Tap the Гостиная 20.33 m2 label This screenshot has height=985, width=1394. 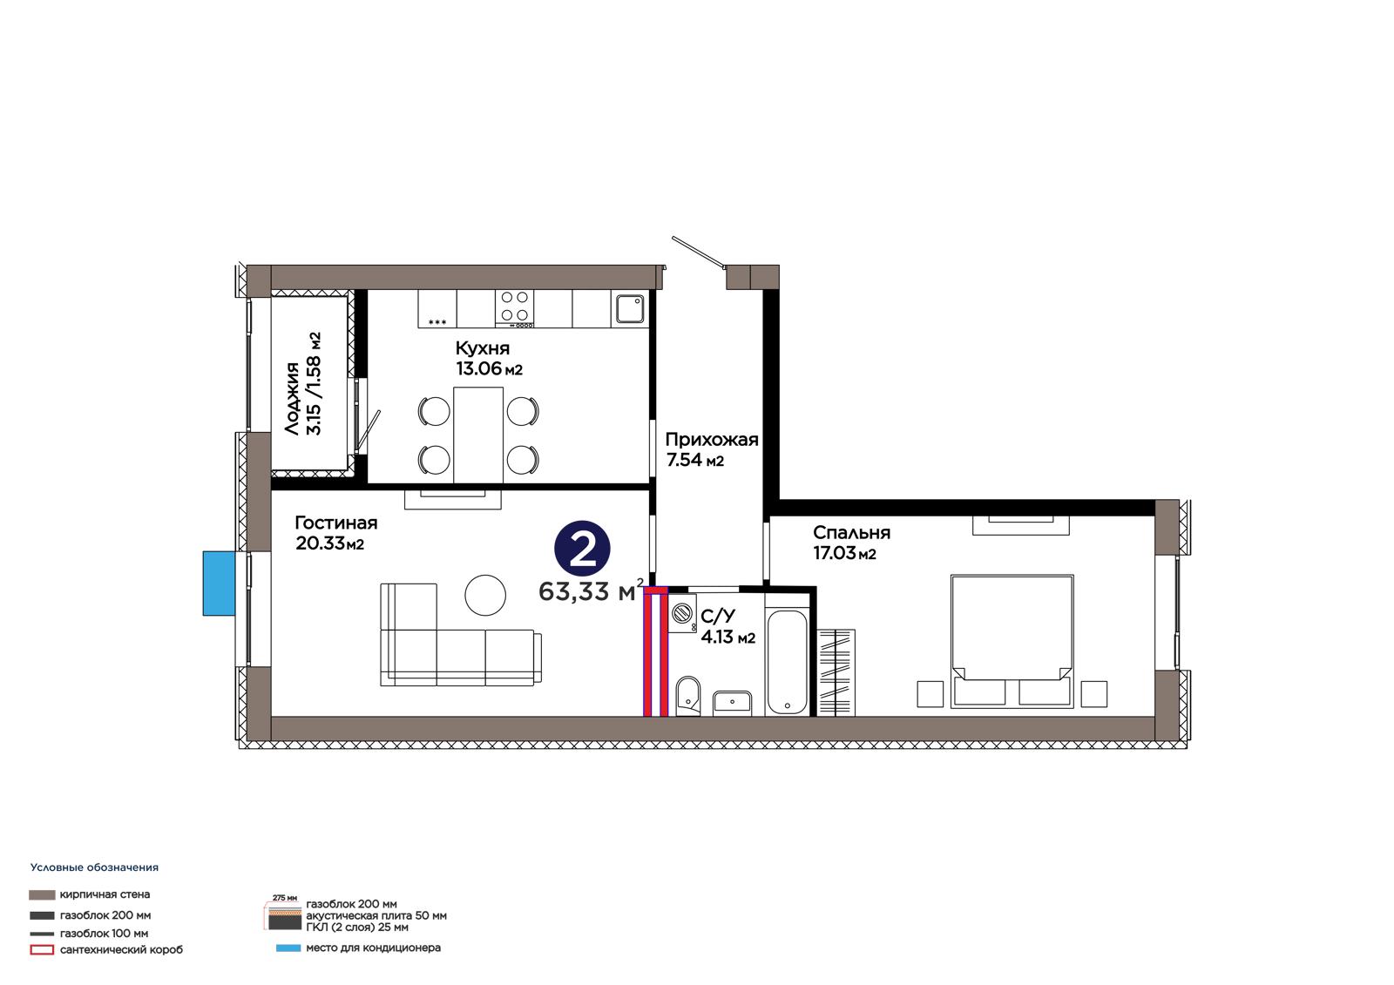point(336,533)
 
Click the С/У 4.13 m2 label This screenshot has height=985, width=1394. point(727,626)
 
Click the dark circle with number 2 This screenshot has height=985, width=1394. point(583,548)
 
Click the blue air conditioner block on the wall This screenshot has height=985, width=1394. point(219,583)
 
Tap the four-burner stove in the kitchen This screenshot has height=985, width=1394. point(515,308)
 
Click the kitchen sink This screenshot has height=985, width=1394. point(630,308)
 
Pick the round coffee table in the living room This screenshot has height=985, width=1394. point(485,595)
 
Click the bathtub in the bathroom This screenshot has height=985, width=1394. point(788,663)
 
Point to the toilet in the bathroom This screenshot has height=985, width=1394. point(687,696)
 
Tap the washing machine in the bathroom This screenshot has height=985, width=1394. point(683,613)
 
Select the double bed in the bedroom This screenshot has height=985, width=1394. point(1012,641)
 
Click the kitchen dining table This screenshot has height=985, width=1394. point(478,435)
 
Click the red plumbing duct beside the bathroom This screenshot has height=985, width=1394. point(655,651)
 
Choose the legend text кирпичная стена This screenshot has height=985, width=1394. point(105,894)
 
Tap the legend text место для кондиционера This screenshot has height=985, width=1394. point(374,948)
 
